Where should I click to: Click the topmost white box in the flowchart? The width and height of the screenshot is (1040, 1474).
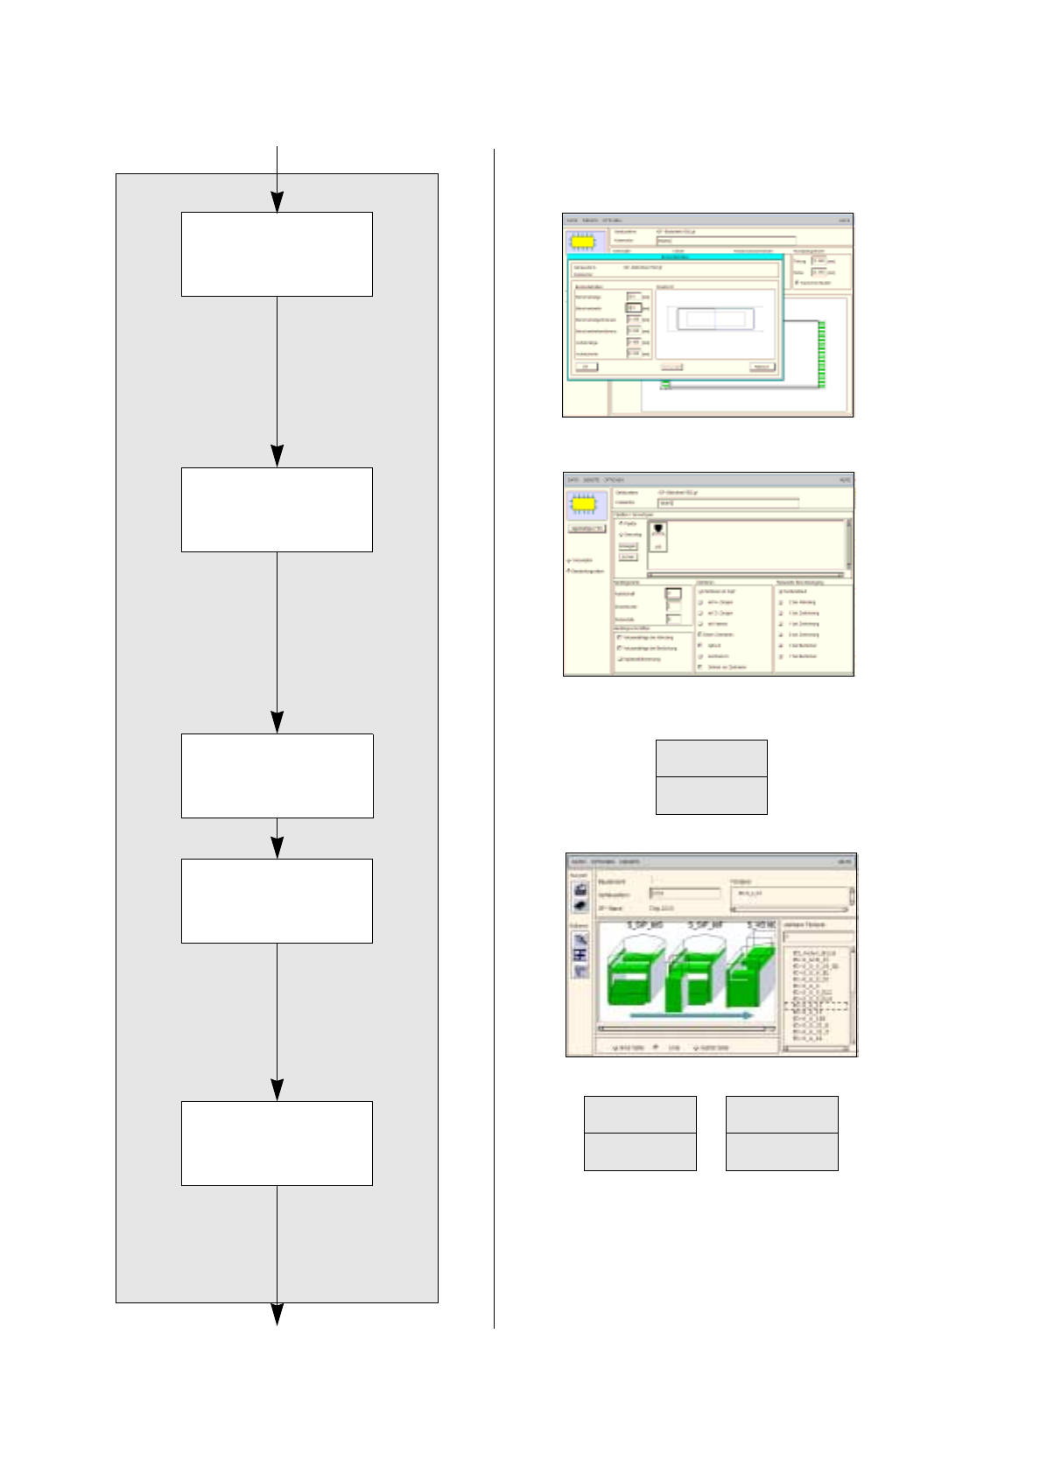(x=277, y=254)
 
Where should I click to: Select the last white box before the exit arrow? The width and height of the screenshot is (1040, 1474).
(x=277, y=1143)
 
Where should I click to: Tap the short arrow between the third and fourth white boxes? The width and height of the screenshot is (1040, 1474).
(x=277, y=846)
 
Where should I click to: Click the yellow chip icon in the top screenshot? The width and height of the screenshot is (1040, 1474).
(x=585, y=242)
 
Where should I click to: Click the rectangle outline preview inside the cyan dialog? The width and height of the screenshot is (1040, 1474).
(x=714, y=319)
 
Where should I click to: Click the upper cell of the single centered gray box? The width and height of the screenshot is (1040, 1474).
(x=711, y=758)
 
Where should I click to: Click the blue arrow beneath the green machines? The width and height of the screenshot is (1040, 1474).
(x=692, y=1015)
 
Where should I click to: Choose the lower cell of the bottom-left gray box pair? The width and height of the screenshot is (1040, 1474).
(x=640, y=1152)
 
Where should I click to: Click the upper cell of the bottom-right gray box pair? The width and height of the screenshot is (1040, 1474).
(x=782, y=1114)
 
